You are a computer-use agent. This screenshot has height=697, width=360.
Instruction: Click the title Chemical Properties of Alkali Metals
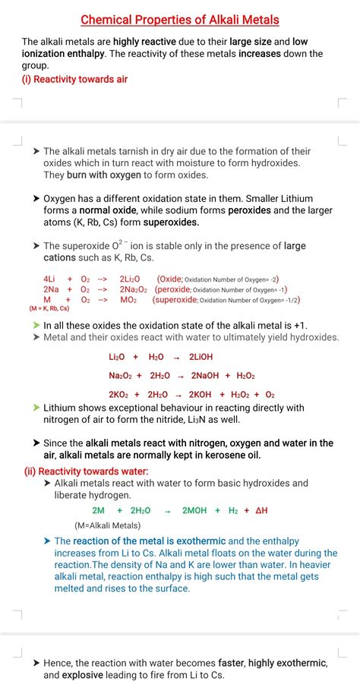(180, 19)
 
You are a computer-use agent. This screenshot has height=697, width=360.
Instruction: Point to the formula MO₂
(128, 300)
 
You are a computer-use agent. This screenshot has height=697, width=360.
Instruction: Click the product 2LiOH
(201, 357)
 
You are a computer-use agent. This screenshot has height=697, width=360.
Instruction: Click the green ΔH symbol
(261, 511)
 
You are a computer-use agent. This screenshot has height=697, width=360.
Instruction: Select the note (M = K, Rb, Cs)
(49, 309)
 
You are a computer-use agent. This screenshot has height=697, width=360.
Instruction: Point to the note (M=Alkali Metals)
(107, 525)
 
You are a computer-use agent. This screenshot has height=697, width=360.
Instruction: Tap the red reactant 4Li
(49, 279)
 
